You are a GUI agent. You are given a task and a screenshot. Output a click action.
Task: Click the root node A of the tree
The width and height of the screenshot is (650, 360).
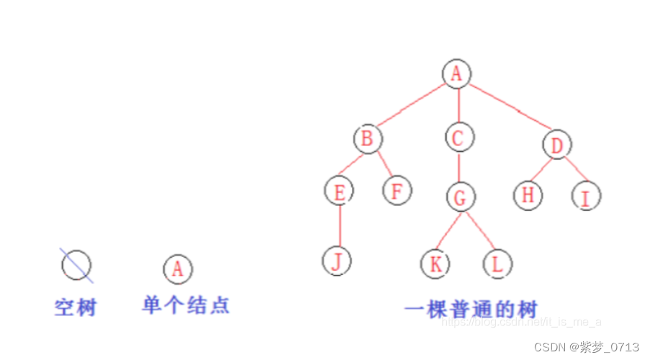456,73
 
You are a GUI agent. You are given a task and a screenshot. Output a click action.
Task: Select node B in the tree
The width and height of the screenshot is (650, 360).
367,138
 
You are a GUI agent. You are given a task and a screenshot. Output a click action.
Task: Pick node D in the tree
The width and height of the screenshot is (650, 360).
557,146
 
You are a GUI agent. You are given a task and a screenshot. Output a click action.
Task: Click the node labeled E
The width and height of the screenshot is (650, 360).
338,192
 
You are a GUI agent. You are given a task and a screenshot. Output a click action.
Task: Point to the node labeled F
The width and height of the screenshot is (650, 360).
396,192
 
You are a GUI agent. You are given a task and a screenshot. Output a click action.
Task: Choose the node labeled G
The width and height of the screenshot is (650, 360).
460,197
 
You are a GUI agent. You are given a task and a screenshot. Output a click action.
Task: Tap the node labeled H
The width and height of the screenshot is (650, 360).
528,195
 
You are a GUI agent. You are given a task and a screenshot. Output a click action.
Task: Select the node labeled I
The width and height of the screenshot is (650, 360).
586,196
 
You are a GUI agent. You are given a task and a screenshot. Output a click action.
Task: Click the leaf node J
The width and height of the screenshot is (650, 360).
336,261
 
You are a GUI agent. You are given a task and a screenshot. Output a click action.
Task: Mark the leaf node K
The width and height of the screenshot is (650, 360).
435,264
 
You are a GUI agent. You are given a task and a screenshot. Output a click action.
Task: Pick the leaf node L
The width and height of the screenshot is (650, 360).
497,264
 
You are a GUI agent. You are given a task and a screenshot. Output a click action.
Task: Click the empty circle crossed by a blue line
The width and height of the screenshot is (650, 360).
76,265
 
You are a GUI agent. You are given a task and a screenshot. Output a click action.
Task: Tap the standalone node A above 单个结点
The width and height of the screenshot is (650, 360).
178,269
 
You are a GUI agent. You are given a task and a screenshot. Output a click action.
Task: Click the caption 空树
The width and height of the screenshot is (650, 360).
76,307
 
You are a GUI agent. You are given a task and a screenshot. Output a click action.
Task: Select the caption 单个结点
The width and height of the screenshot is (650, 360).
186,305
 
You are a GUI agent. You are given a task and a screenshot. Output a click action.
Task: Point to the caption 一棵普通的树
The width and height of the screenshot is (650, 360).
471,310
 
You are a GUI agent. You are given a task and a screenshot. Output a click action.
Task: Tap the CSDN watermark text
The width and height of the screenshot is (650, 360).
586,347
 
